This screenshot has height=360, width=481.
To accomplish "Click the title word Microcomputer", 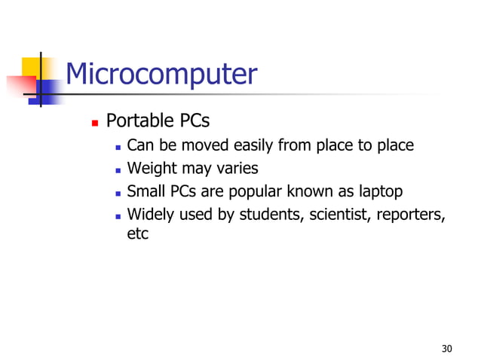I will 161,75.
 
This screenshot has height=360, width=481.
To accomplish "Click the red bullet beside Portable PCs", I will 94,121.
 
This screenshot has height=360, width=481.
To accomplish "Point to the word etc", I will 137,234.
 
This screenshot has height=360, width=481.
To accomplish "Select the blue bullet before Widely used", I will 118,215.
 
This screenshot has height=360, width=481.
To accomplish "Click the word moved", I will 201,145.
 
